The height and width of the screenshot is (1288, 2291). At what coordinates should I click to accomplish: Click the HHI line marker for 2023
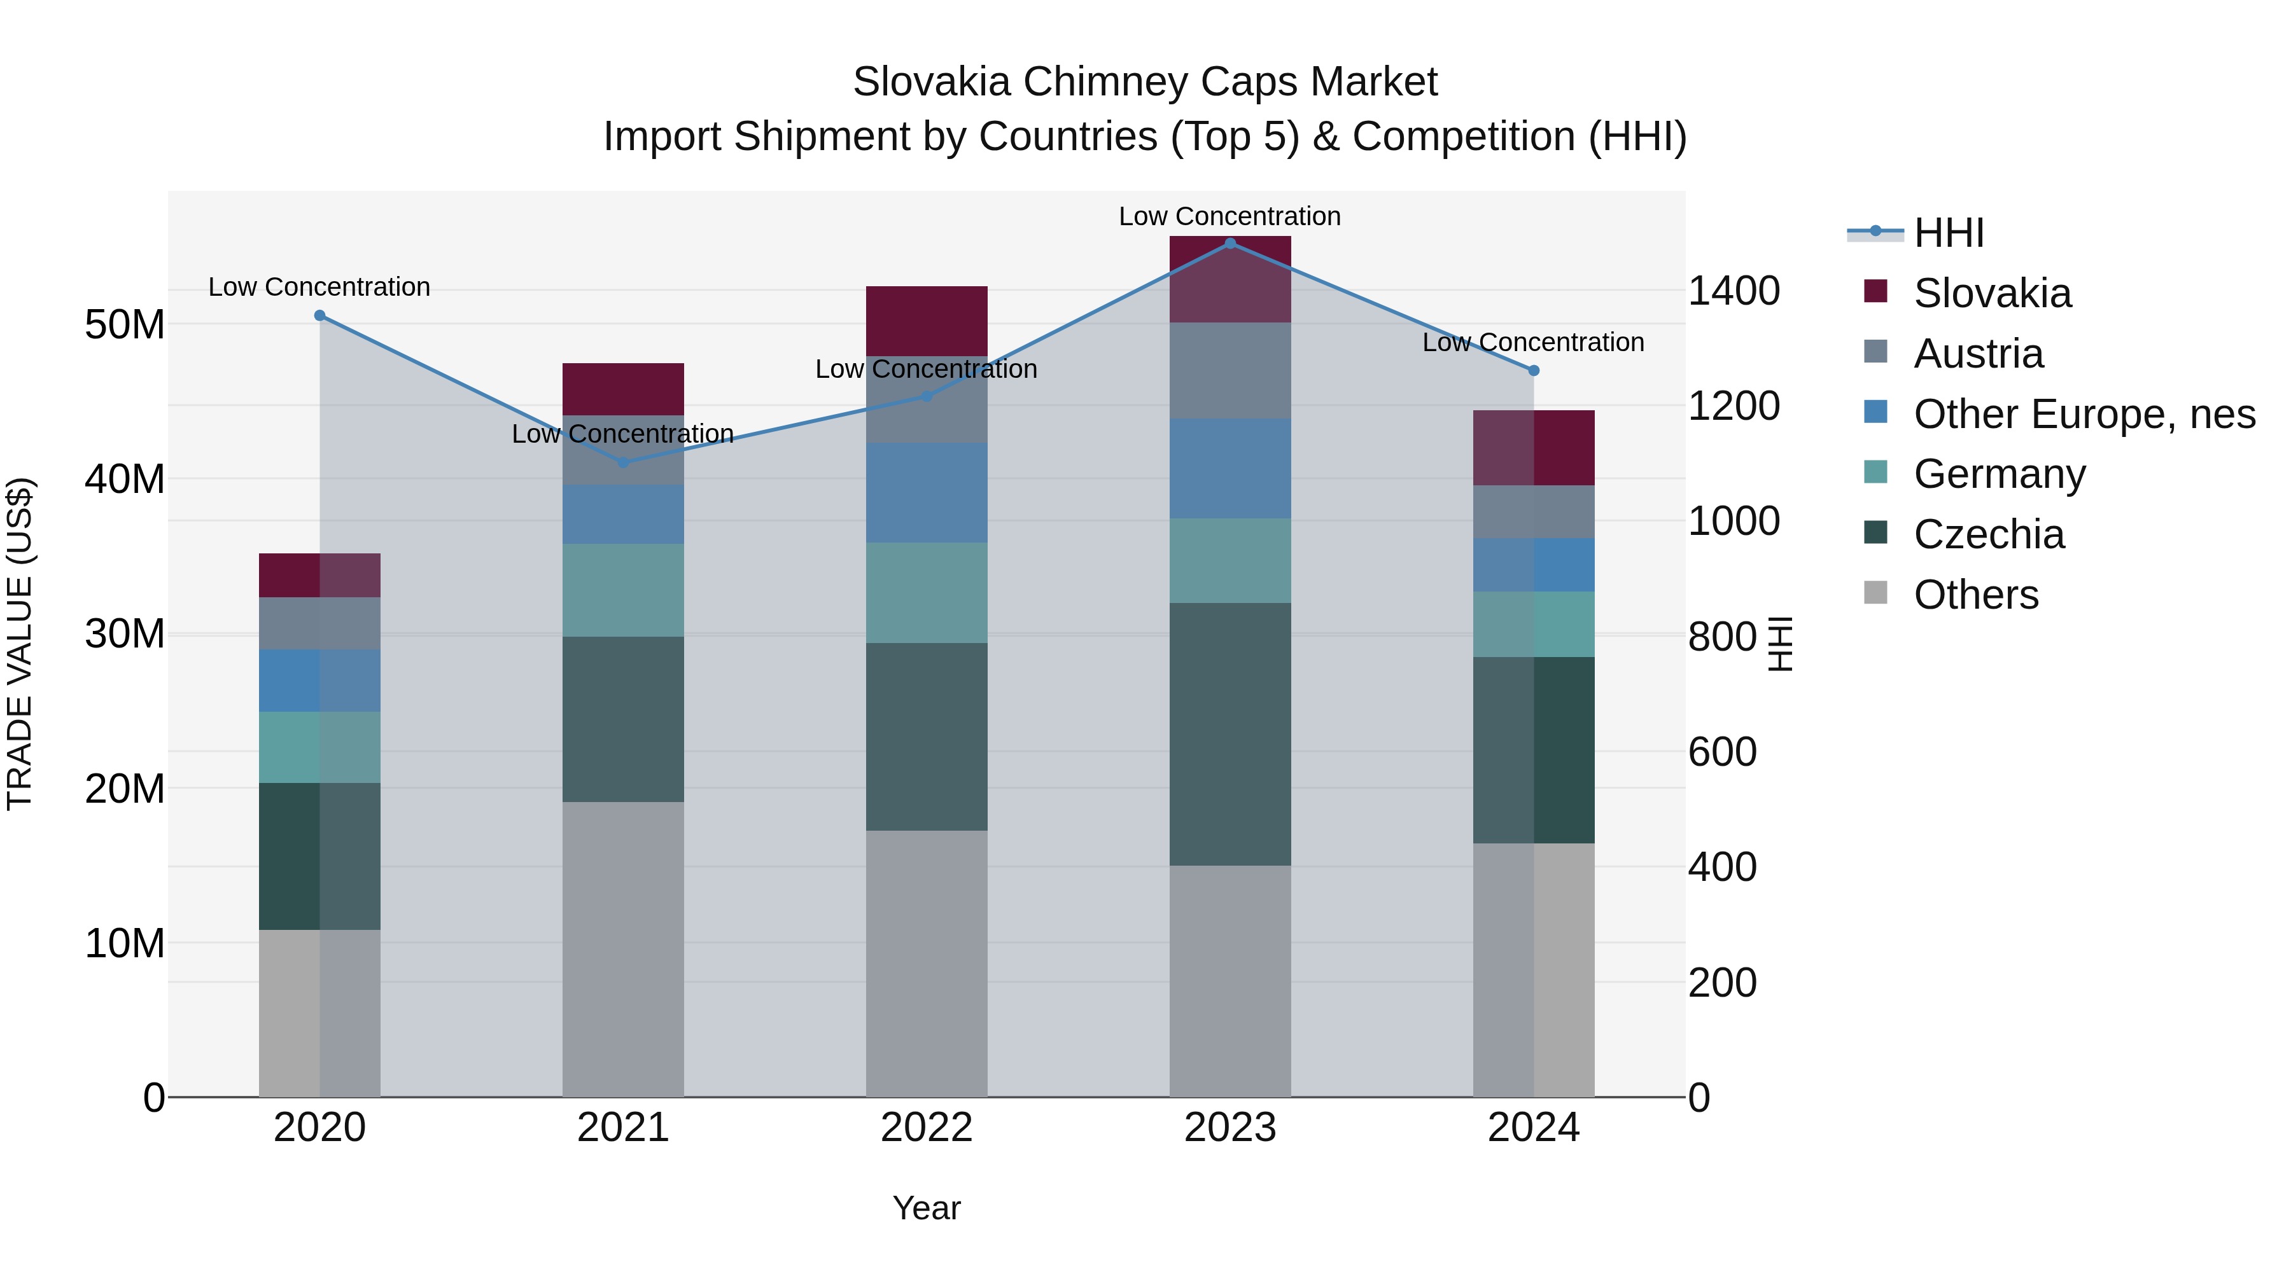pyautogui.click(x=1230, y=244)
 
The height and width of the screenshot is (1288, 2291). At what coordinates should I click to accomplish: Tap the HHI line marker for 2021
pyautogui.click(x=624, y=462)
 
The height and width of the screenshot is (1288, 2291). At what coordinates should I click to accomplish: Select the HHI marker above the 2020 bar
pyautogui.click(x=320, y=315)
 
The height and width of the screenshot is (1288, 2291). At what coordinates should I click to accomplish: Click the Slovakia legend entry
pyautogui.click(x=1991, y=293)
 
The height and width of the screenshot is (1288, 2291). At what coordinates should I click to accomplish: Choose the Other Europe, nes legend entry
pyautogui.click(x=2084, y=414)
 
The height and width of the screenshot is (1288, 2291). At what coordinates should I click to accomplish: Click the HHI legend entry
pyautogui.click(x=1948, y=233)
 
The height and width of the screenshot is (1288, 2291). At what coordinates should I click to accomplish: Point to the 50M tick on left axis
pyautogui.click(x=125, y=324)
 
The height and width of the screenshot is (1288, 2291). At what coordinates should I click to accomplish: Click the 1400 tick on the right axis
pyautogui.click(x=1734, y=291)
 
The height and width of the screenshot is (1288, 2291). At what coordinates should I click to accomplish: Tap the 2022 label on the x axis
pyautogui.click(x=927, y=1128)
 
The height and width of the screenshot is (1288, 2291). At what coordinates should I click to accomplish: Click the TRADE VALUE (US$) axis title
pyautogui.click(x=20, y=644)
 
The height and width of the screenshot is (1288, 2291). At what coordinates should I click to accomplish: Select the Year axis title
pyautogui.click(x=927, y=1208)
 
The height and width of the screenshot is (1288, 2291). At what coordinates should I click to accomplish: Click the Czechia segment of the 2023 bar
pyautogui.click(x=1230, y=734)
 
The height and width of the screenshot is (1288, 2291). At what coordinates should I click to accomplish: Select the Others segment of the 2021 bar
pyautogui.click(x=624, y=950)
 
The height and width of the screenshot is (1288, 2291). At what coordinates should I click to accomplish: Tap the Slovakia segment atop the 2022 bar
pyautogui.click(x=927, y=321)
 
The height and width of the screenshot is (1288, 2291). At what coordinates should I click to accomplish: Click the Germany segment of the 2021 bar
pyautogui.click(x=624, y=590)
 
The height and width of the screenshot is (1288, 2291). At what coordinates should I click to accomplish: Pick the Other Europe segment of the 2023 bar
pyautogui.click(x=1230, y=468)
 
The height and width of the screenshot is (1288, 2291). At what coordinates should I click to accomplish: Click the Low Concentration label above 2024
pyautogui.click(x=1532, y=342)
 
